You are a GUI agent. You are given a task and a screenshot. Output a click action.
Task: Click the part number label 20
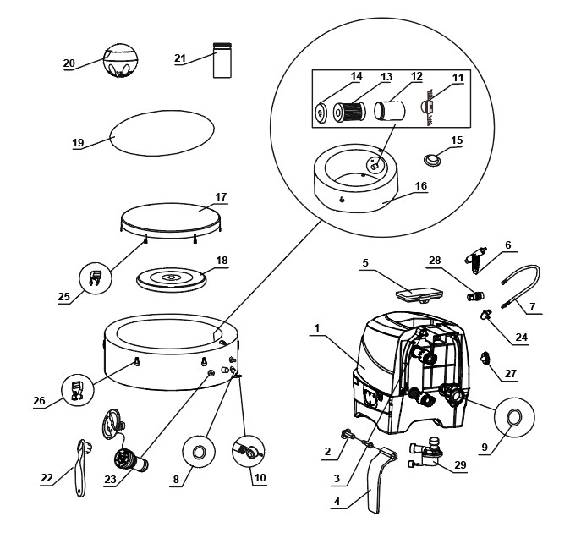pyautogui.click(x=69, y=63)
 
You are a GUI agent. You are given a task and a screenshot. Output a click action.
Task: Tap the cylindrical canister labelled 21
pyautogui.click(x=222, y=61)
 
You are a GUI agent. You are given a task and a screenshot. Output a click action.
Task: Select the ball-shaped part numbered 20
pyautogui.click(x=119, y=60)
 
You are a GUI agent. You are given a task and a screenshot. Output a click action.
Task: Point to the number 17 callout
pyautogui.click(x=221, y=197)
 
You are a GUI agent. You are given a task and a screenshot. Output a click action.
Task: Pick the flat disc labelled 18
pyautogui.click(x=172, y=278)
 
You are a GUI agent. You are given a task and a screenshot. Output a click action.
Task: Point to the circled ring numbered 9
pyautogui.click(x=512, y=416)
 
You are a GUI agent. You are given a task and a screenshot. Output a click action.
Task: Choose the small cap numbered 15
pyautogui.click(x=436, y=158)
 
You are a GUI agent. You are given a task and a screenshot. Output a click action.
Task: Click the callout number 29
pyautogui.click(x=461, y=466)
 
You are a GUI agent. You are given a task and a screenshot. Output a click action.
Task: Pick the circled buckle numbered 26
pyautogui.click(x=78, y=391)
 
